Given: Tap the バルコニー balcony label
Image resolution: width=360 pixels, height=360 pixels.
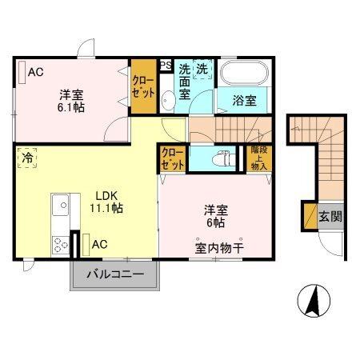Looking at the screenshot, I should pos(118,274).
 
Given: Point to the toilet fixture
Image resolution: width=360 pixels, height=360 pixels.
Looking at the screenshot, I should pos(224,156).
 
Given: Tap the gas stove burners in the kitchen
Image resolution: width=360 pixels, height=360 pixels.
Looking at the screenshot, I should pos(58,242).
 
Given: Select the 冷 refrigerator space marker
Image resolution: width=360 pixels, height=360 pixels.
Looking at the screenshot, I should pos(26,157).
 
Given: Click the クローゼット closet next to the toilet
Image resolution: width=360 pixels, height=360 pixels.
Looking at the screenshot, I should pos(172,158).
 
